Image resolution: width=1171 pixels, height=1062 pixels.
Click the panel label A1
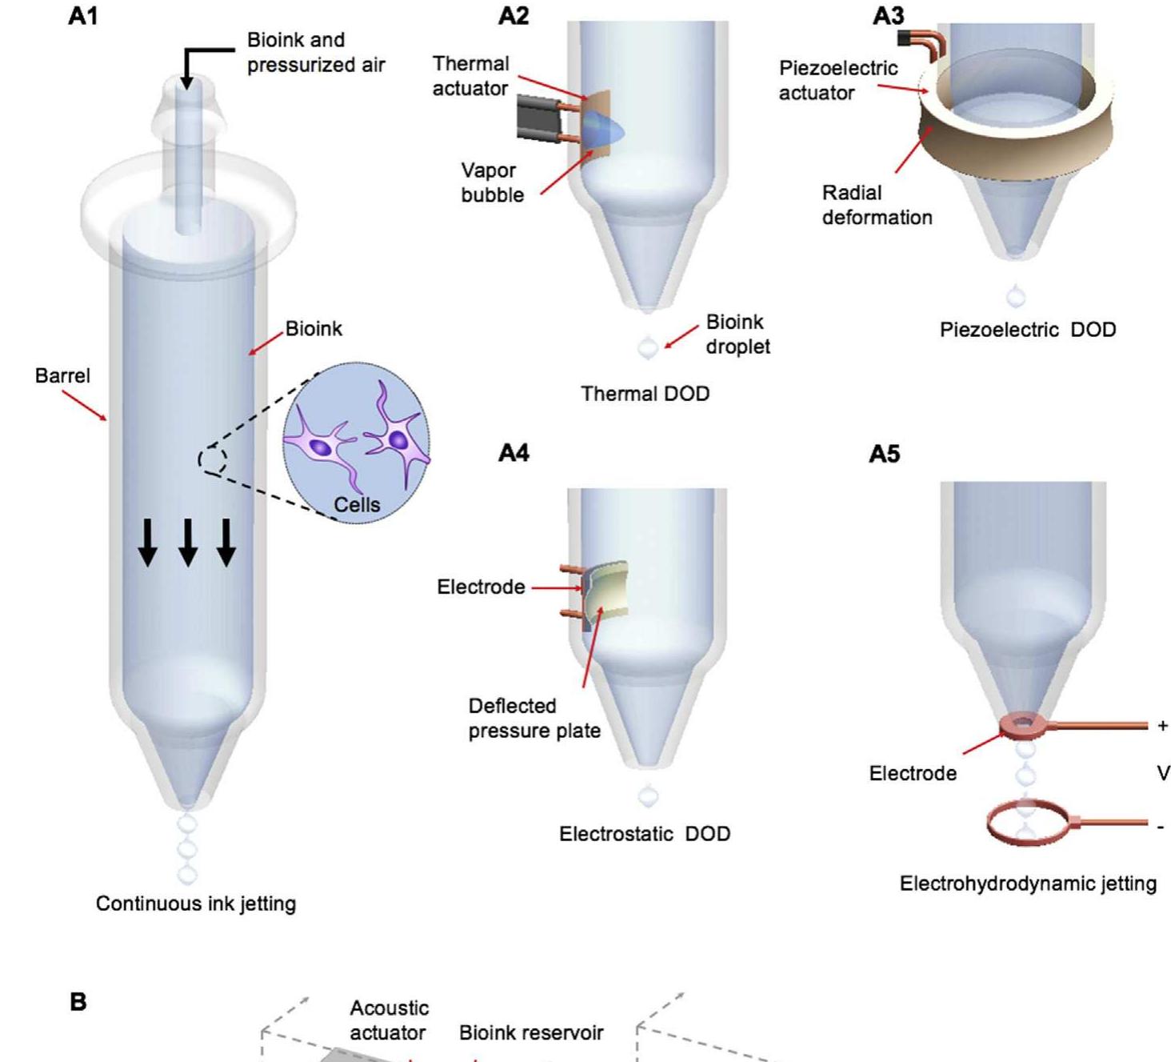(83, 16)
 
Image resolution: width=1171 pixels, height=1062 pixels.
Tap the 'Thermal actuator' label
(470, 76)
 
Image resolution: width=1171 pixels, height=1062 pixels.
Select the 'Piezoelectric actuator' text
(837, 80)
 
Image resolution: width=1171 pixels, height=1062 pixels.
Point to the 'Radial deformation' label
(877, 205)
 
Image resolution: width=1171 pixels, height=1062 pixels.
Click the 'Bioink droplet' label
(737, 334)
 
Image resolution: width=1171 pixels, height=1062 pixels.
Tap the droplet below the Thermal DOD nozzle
(648, 347)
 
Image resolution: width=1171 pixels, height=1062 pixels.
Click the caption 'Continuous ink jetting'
(196, 904)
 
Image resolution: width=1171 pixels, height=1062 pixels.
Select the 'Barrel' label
(62, 375)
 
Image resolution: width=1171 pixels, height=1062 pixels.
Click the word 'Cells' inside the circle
(357, 504)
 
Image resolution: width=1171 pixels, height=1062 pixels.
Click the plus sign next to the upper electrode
(1162, 726)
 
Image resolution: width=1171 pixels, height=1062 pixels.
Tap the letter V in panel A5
(1163, 773)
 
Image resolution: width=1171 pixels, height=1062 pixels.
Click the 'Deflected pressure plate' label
(534, 718)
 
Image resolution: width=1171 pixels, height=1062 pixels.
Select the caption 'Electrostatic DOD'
(645, 834)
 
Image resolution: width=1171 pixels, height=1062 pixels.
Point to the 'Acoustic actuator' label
(389, 1020)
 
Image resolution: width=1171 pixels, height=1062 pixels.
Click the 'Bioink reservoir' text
(531, 1032)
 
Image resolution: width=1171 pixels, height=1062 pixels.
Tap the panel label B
(78, 1002)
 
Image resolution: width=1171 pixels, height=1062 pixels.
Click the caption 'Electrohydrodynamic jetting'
(1028, 884)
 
